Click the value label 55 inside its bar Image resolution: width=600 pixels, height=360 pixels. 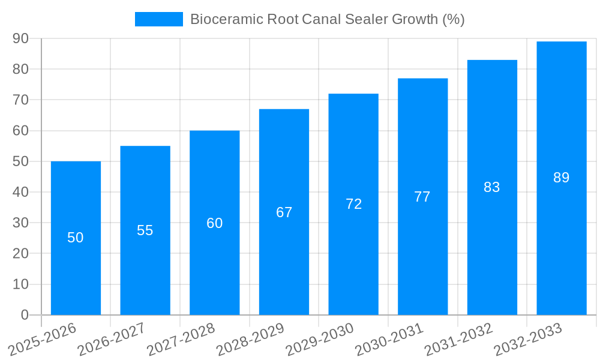click(x=145, y=230)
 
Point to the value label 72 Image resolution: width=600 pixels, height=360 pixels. click(x=353, y=204)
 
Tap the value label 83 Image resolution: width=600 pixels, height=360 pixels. click(x=492, y=187)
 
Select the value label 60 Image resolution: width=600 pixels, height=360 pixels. click(x=214, y=223)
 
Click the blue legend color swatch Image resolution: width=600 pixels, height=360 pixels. click(x=159, y=19)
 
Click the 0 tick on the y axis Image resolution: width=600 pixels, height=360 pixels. click(x=25, y=315)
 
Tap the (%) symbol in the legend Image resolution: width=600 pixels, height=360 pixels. click(x=454, y=19)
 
